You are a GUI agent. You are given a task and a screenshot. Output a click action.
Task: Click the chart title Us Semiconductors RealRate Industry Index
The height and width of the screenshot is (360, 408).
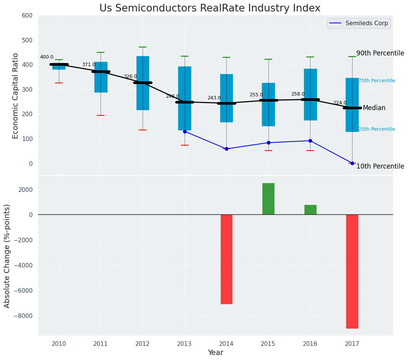tap(210, 8)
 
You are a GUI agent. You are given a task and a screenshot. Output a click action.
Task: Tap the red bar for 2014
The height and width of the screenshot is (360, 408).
tap(226, 259)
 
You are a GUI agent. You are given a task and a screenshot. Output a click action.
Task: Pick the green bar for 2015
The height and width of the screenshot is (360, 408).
tap(268, 199)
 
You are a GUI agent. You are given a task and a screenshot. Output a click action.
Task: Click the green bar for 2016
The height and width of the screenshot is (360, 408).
tap(310, 210)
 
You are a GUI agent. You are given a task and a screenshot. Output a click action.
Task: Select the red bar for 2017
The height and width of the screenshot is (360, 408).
tap(352, 271)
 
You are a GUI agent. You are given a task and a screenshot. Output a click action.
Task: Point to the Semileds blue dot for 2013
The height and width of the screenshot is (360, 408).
tap(185, 131)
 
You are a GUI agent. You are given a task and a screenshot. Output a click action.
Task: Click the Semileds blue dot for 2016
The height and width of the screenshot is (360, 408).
tap(310, 141)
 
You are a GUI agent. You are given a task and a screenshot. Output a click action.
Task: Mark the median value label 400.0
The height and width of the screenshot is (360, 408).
tap(47, 57)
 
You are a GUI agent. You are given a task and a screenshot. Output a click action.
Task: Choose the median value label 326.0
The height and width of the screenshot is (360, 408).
tap(130, 77)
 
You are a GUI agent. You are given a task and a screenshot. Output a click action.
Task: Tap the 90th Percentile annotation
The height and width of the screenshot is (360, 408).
tap(380, 53)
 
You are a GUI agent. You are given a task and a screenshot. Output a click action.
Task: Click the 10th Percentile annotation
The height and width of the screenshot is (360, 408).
tap(380, 166)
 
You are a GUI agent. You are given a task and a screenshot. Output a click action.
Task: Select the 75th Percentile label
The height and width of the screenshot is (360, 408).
tap(377, 81)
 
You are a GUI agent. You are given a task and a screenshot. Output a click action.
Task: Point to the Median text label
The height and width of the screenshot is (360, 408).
tap(374, 108)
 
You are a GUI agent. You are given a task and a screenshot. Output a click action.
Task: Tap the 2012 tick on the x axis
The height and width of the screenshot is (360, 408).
tap(143, 344)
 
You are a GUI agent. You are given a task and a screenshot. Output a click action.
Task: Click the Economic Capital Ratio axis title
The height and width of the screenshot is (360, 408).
tap(15, 96)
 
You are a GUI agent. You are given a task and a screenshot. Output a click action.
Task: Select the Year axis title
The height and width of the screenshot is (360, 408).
tap(215, 353)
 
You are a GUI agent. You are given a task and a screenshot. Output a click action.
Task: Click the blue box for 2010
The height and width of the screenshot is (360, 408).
tap(59, 67)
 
